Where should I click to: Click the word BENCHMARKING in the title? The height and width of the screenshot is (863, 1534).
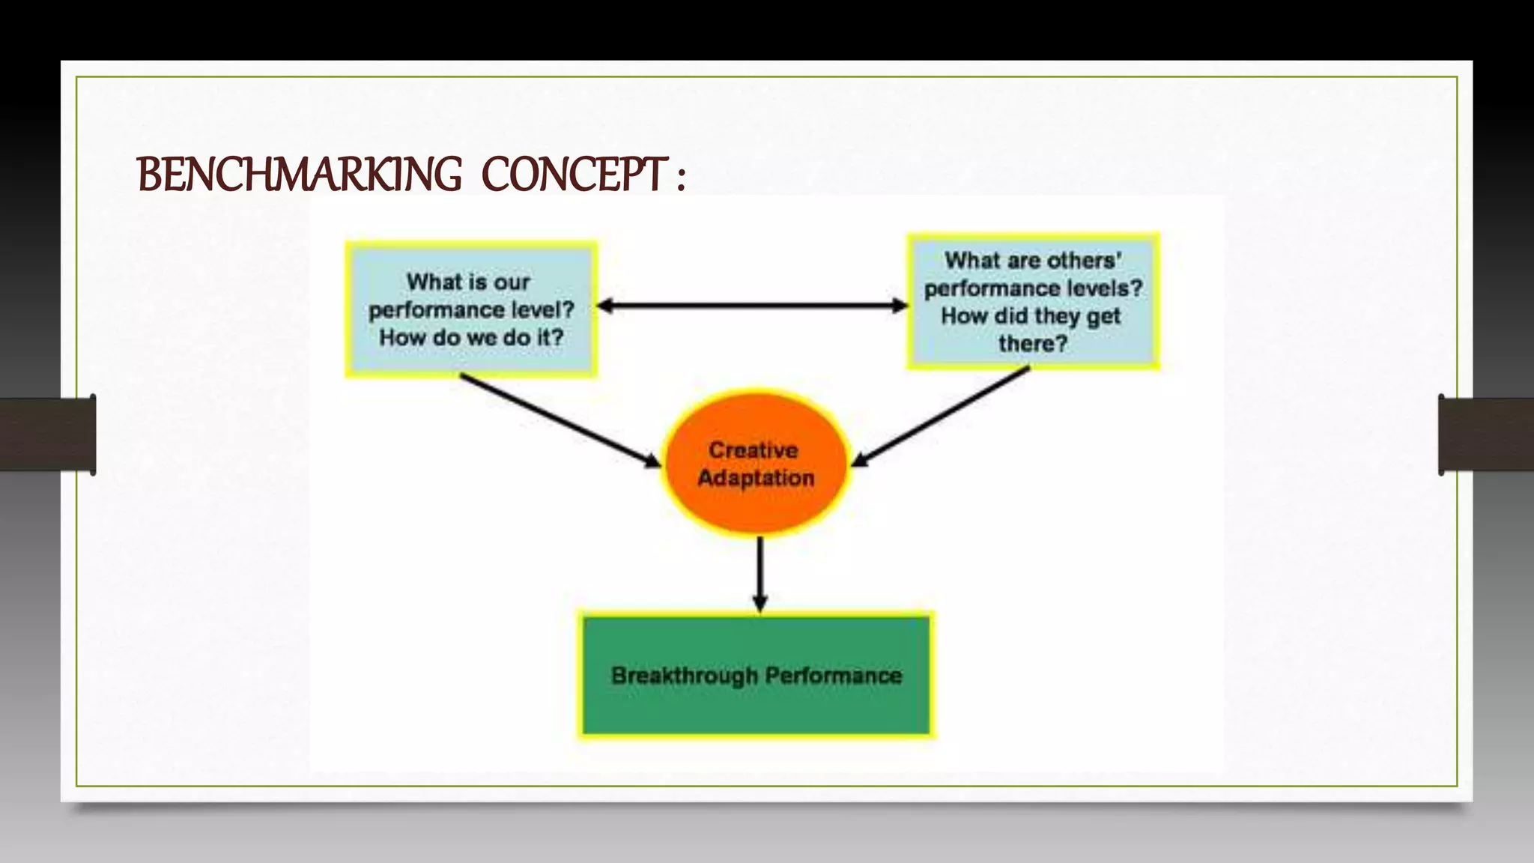click(x=300, y=175)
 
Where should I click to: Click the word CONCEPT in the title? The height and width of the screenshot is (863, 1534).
click(x=574, y=175)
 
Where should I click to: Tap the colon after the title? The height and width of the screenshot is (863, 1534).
click(x=680, y=180)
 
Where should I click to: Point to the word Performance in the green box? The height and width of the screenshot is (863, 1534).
click(x=833, y=676)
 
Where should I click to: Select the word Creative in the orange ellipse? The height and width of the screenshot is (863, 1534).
click(x=754, y=450)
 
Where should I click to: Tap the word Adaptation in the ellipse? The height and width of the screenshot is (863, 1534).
click(x=756, y=478)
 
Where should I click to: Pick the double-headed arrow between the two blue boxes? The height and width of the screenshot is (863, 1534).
click(x=753, y=306)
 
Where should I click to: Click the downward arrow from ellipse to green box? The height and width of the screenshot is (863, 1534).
click(x=760, y=573)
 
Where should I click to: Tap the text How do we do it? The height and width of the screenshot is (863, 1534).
click(x=471, y=338)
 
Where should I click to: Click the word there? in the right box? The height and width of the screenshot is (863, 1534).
click(x=1032, y=344)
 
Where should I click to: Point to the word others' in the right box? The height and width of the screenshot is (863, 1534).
click(x=1084, y=261)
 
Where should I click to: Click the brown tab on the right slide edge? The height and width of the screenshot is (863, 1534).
click(x=1486, y=434)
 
